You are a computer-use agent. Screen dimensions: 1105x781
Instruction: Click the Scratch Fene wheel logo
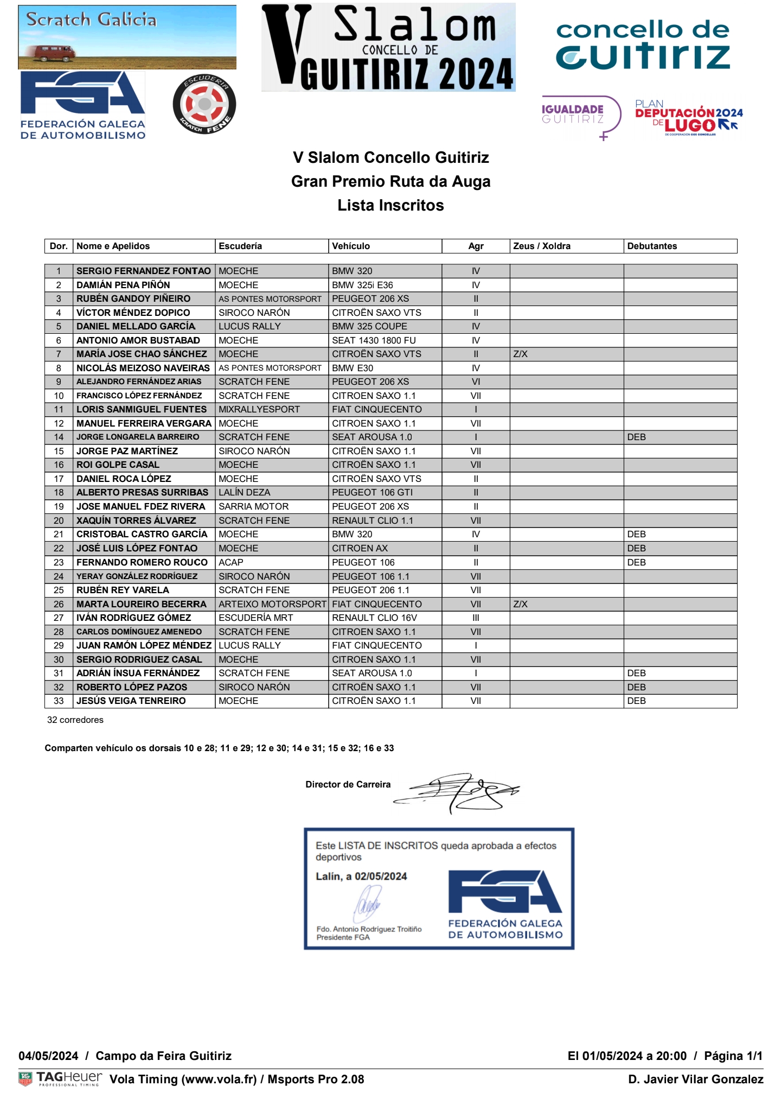204,104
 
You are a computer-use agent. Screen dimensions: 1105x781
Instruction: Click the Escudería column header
240,246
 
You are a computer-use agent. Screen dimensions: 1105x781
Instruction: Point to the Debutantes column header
652,246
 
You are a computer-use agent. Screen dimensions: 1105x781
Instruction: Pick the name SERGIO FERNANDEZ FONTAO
143,271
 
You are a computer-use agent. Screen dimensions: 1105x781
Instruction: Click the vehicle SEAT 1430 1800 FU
374,340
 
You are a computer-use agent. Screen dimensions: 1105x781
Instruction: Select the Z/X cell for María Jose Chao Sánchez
520,354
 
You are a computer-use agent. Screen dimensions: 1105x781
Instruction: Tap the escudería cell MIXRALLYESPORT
259,409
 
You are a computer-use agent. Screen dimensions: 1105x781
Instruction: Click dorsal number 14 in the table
59,437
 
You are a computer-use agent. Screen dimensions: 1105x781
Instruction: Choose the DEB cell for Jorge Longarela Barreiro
636,437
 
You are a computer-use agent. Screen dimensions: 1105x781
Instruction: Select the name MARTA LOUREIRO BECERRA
141,604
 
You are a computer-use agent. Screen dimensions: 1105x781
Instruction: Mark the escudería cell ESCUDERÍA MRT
255,618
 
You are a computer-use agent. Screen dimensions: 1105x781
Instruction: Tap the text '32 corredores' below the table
75,720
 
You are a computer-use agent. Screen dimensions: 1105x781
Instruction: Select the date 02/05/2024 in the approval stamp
381,876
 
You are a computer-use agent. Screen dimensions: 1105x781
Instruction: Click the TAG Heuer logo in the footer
60,1078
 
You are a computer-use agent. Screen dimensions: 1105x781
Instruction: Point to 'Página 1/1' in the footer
733,1056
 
